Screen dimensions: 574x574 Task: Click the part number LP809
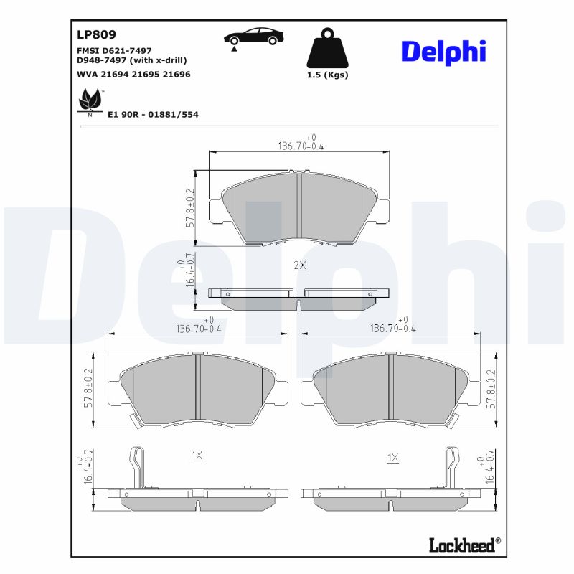click(96, 34)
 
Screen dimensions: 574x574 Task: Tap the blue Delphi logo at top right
click(443, 51)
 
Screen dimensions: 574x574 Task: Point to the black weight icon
click(327, 49)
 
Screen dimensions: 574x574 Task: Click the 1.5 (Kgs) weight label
click(327, 75)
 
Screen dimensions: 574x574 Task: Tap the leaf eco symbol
click(90, 101)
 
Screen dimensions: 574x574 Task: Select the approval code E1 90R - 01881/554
click(153, 114)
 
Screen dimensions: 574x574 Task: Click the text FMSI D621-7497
click(114, 50)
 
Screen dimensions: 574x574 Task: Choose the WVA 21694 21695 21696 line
click(133, 74)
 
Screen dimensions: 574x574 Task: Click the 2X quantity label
click(300, 265)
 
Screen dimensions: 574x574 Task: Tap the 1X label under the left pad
click(197, 456)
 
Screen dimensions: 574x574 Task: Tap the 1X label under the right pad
click(392, 457)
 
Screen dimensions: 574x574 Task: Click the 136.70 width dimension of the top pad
click(301, 146)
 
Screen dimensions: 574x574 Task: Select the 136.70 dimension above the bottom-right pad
click(392, 328)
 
